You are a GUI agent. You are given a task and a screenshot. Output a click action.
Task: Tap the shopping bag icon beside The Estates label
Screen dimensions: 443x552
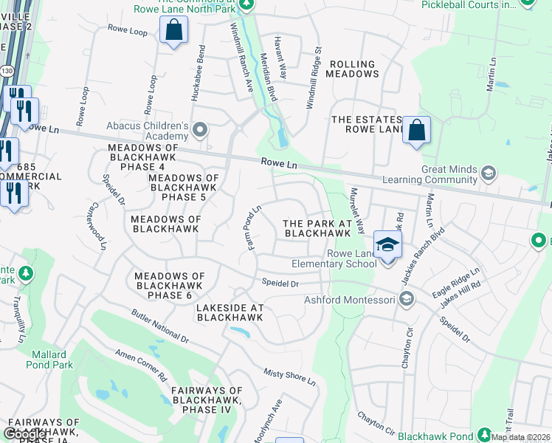click(416, 130)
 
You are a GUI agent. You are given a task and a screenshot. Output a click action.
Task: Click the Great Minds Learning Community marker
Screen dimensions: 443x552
click(487, 174)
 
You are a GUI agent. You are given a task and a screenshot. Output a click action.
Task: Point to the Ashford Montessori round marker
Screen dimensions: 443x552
click(405, 299)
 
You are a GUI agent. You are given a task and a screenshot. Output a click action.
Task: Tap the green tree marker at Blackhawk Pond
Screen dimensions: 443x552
click(484, 435)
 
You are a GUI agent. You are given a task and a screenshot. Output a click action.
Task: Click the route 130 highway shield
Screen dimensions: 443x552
click(7, 70)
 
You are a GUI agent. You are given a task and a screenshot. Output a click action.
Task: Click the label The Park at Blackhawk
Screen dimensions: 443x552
click(317, 228)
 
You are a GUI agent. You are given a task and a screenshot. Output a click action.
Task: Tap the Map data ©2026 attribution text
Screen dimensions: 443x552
click(520, 437)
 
